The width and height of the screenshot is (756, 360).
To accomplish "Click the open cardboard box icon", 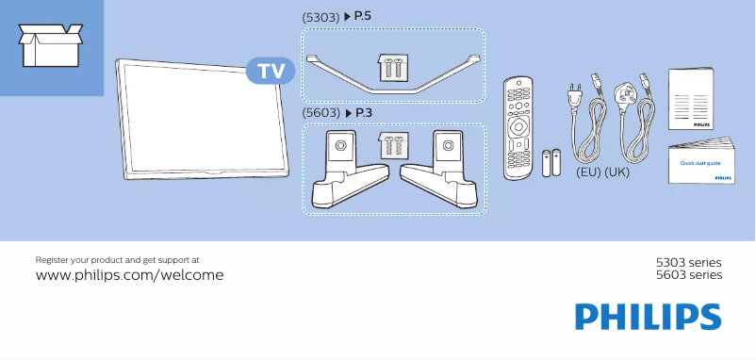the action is point(48,44).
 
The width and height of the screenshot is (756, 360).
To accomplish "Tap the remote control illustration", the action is point(519,127).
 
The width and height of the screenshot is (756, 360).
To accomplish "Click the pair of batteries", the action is point(551,163).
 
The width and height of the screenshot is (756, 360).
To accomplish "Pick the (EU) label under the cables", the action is point(588,173).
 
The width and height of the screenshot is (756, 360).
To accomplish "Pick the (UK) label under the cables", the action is point(616,173).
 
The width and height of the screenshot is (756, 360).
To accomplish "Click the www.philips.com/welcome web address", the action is point(129,275).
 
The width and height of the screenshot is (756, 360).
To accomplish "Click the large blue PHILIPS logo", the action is point(649,318).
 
